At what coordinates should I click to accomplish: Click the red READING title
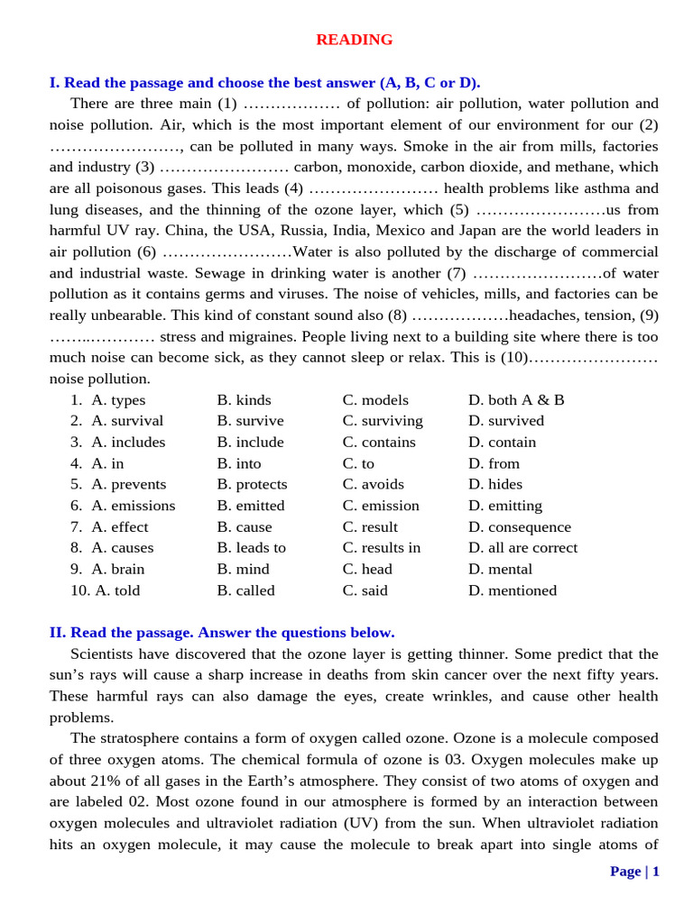click(x=354, y=40)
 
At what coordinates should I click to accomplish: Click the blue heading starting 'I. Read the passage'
click(x=264, y=82)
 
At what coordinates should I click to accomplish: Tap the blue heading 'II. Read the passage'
click(x=221, y=632)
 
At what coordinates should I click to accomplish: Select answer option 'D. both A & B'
click(x=516, y=400)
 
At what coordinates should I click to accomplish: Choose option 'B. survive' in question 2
click(x=250, y=421)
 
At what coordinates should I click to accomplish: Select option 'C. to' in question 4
click(x=358, y=463)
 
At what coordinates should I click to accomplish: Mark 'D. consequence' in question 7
click(x=520, y=527)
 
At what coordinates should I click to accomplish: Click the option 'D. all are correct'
click(x=523, y=548)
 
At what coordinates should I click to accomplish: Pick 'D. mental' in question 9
click(x=500, y=569)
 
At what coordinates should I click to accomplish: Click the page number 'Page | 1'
click(x=634, y=871)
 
